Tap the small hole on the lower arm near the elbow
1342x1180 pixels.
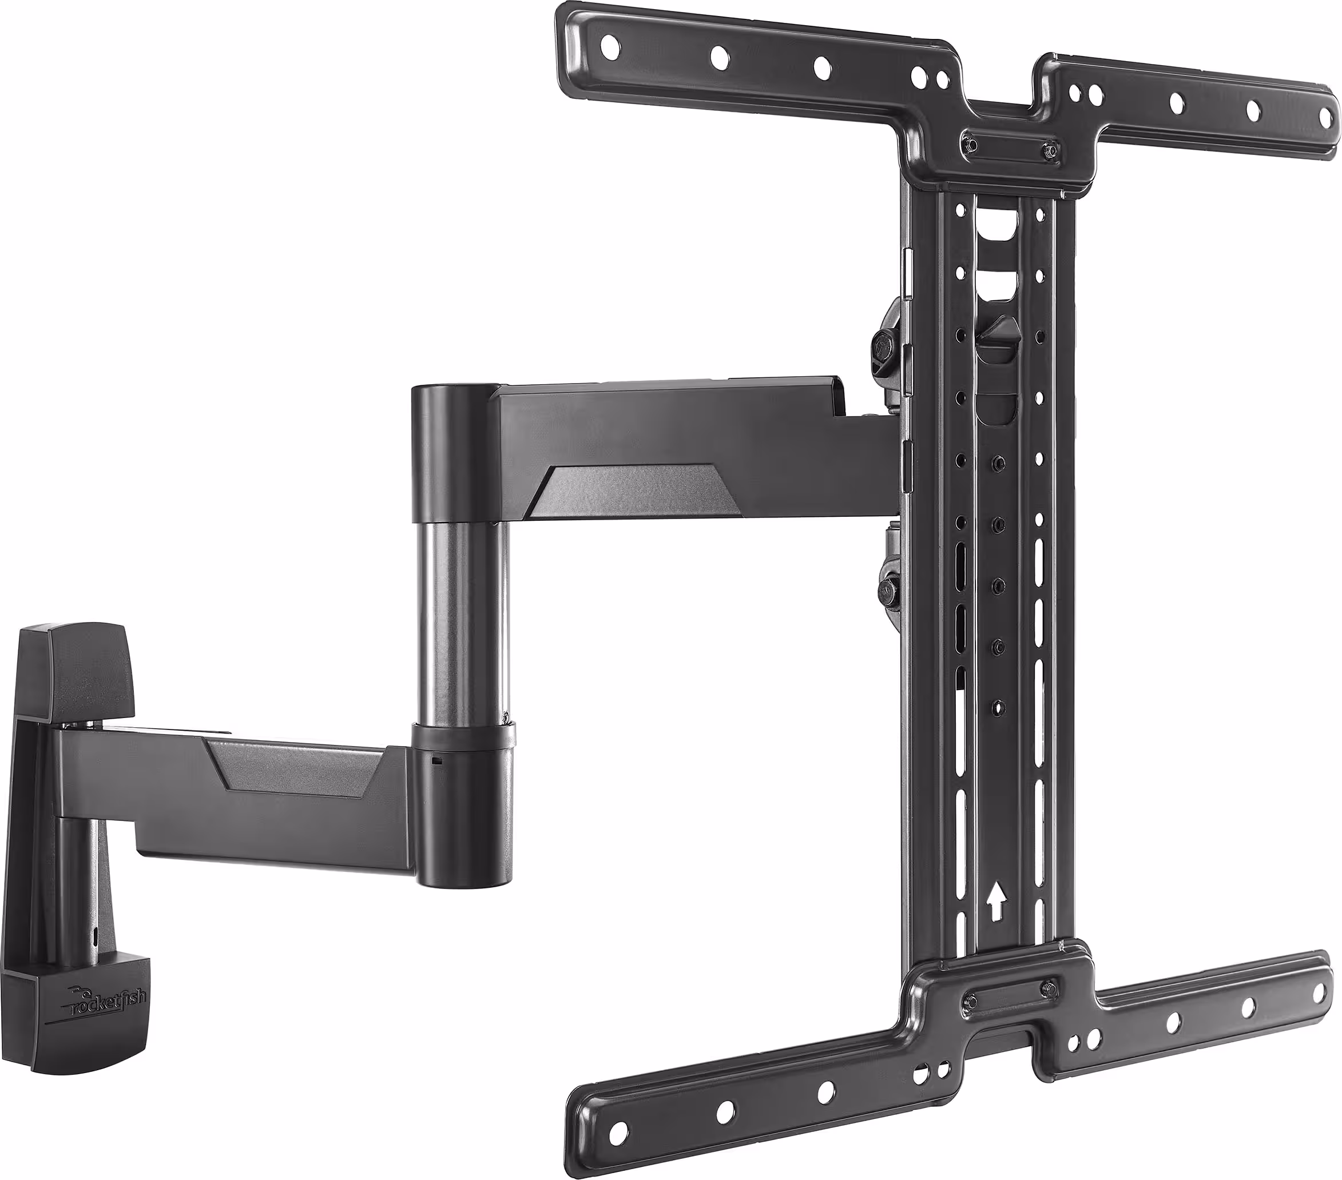[x=437, y=762]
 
